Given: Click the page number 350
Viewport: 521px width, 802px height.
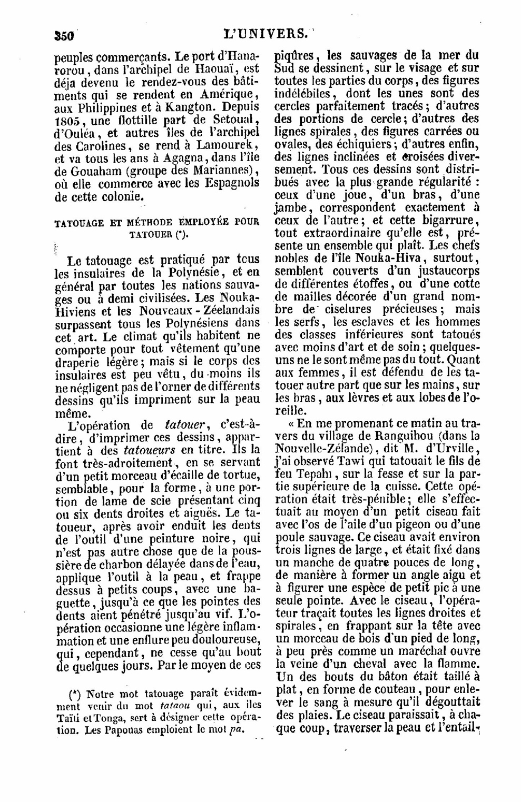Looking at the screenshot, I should click(65, 36).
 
